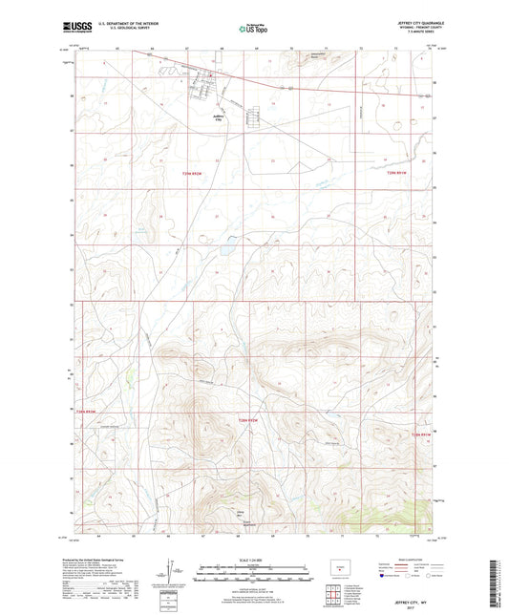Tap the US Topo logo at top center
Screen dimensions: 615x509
[254, 30]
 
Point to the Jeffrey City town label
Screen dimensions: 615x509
[219, 119]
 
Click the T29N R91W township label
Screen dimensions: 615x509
[398, 173]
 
